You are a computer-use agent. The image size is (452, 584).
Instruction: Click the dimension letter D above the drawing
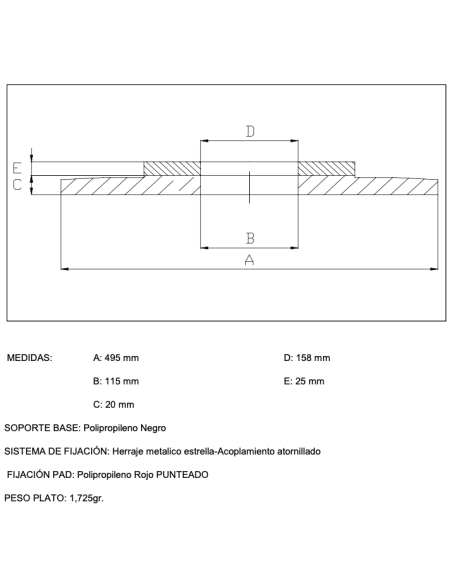(250, 131)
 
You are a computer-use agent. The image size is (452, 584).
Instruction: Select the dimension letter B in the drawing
(250, 238)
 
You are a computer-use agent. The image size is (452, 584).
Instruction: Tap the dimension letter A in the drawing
(249, 260)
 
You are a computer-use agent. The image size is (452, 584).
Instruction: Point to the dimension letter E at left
(17, 168)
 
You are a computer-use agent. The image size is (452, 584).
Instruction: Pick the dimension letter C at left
(17, 185)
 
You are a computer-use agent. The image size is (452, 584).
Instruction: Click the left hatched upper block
(172, 168)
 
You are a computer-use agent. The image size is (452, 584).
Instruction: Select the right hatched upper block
(327, 168)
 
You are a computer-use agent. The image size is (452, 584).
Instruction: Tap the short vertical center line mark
(249, 187)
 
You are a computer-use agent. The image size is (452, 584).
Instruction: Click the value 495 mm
(122, 358)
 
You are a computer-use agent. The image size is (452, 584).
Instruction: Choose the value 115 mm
(122, 381)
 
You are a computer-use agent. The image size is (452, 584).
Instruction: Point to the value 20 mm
(120, 405)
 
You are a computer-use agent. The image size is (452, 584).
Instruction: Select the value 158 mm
(313, 358)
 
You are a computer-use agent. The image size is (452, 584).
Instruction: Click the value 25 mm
(310, 381)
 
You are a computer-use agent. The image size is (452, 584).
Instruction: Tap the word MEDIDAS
(29, 358)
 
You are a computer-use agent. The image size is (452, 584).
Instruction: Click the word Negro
(153, 428)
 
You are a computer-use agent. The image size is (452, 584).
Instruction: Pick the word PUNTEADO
(182, 475)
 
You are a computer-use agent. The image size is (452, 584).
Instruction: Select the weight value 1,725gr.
(87, 498)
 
